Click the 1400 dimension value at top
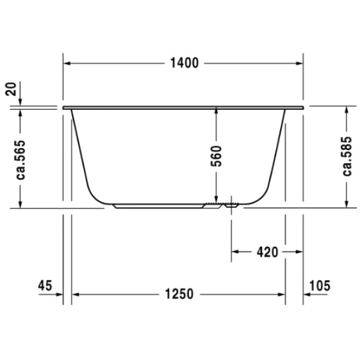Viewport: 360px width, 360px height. tap(184, 63)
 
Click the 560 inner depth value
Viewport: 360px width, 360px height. tap(217, 155)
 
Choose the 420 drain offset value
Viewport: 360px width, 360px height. tap(266, 252)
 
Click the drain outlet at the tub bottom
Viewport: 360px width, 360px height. tap(230, 206)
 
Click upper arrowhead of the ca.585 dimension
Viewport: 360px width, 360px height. tap(347, 112)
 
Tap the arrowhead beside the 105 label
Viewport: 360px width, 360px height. tap(308, 294)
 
